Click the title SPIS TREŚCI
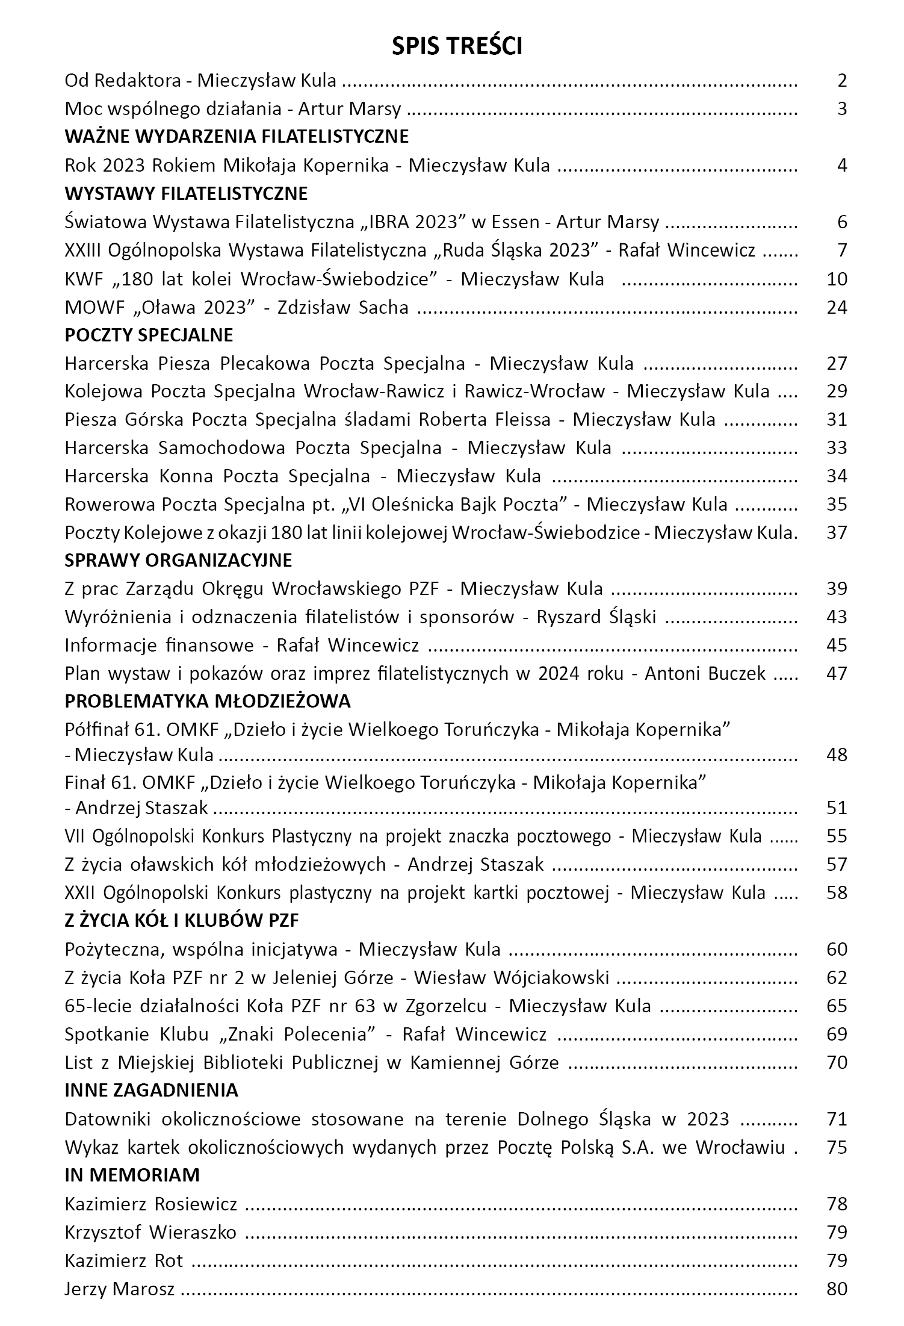point(457,46)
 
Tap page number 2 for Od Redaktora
point(841,80)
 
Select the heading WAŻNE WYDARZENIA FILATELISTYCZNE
point(237,137)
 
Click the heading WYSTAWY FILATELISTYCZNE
point(186,193)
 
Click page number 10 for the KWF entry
point(837,279)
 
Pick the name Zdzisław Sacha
point(343,307)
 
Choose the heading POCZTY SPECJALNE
point(149,335)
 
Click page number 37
point(837,532)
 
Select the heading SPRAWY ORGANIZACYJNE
point(178,561)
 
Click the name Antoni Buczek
point(705,673)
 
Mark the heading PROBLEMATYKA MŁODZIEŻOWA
point(208,702)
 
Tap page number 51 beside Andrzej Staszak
point(837,808)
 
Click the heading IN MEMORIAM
point(132,1175)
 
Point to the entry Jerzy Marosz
point(120,1289)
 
